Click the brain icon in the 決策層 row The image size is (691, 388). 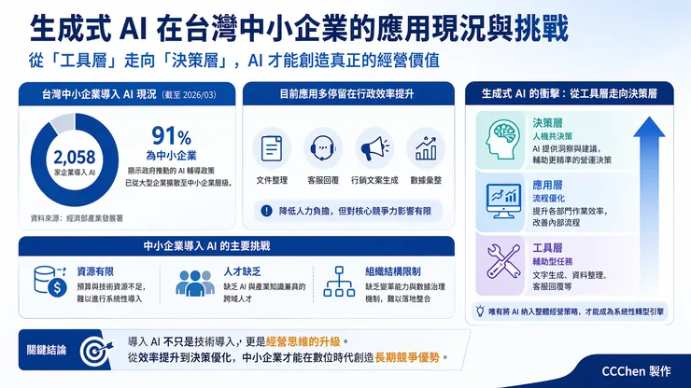(x=502, y=137)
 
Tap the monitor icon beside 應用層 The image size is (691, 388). (x=502, y=195)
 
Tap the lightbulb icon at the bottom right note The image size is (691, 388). (x=480, y=309)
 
